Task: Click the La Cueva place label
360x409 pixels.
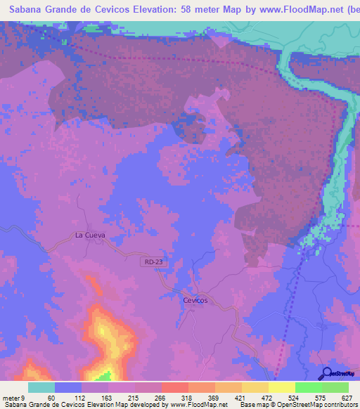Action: [x=90, y=235]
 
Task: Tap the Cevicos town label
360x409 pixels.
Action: [x=195, y=300]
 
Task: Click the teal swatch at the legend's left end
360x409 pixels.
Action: [x=41, y=387]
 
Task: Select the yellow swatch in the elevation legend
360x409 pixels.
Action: [x=282, y=387]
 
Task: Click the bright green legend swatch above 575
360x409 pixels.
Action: [x=309, y=387]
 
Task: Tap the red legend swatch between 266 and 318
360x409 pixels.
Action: [x=175, y=387]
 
